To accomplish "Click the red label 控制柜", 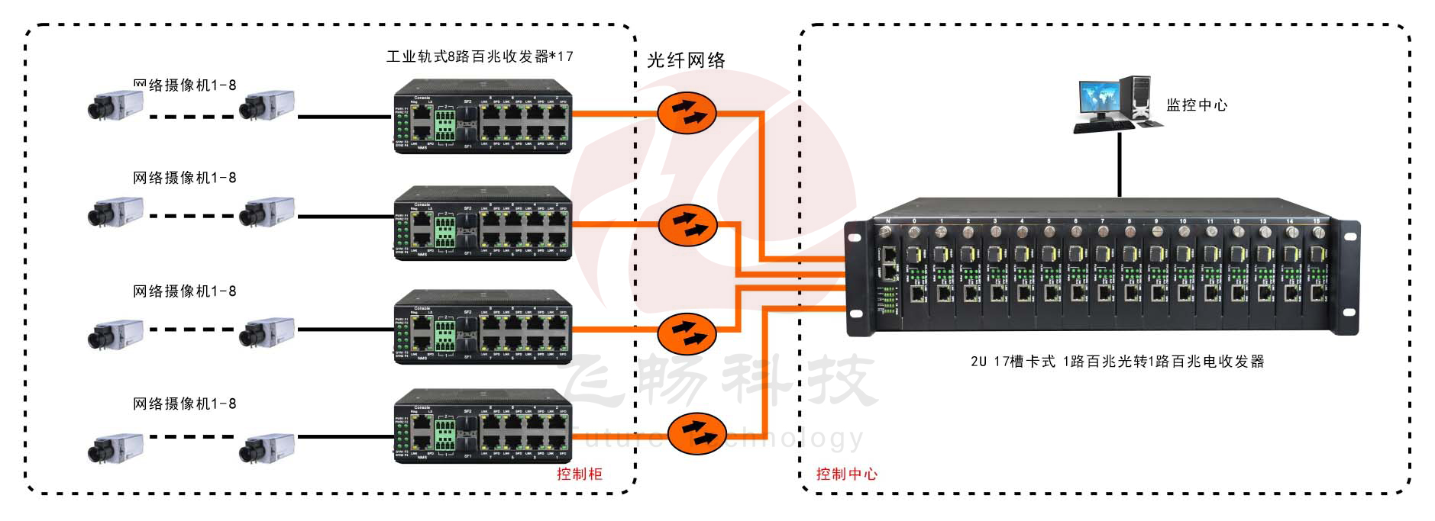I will (x=579, y=474).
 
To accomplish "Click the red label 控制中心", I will (x=846, y=474).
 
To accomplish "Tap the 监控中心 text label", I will (x=1196, y=105).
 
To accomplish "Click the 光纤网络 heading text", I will (x=686, y=60).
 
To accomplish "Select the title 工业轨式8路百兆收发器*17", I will (x=479, y=56).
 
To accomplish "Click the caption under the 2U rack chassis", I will (x=1117, y=362).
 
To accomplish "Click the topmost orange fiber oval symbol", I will (x=687, y=113).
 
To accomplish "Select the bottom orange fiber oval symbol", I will (x=696, y=433).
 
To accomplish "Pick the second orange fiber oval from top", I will (x=688, y=224).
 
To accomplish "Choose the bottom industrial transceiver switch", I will (x=483, y=426).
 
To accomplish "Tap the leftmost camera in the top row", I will (x=115, y=105).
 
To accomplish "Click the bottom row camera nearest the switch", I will (x=267, y=448).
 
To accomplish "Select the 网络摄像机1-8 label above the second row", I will (x=184, y=178).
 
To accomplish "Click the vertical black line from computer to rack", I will (x=1120, y=164).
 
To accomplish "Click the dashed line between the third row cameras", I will (x=191, y=330).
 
